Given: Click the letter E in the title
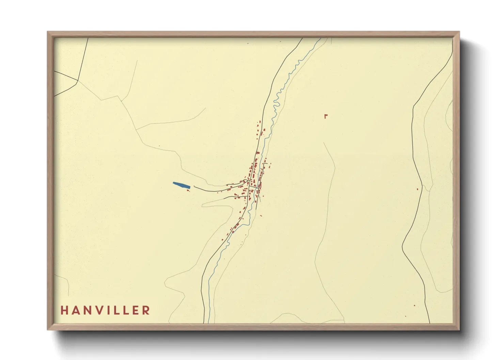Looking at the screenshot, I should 136,310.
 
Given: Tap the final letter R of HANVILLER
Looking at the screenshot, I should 146,310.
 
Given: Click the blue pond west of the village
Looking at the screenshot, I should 181,185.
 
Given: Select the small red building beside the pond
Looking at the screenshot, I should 188,191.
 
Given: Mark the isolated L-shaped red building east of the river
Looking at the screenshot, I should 326,116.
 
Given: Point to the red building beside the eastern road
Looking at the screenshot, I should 418,189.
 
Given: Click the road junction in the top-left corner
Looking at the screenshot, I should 78,81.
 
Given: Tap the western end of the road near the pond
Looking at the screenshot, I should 194,186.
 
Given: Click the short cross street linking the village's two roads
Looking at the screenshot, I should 254,187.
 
